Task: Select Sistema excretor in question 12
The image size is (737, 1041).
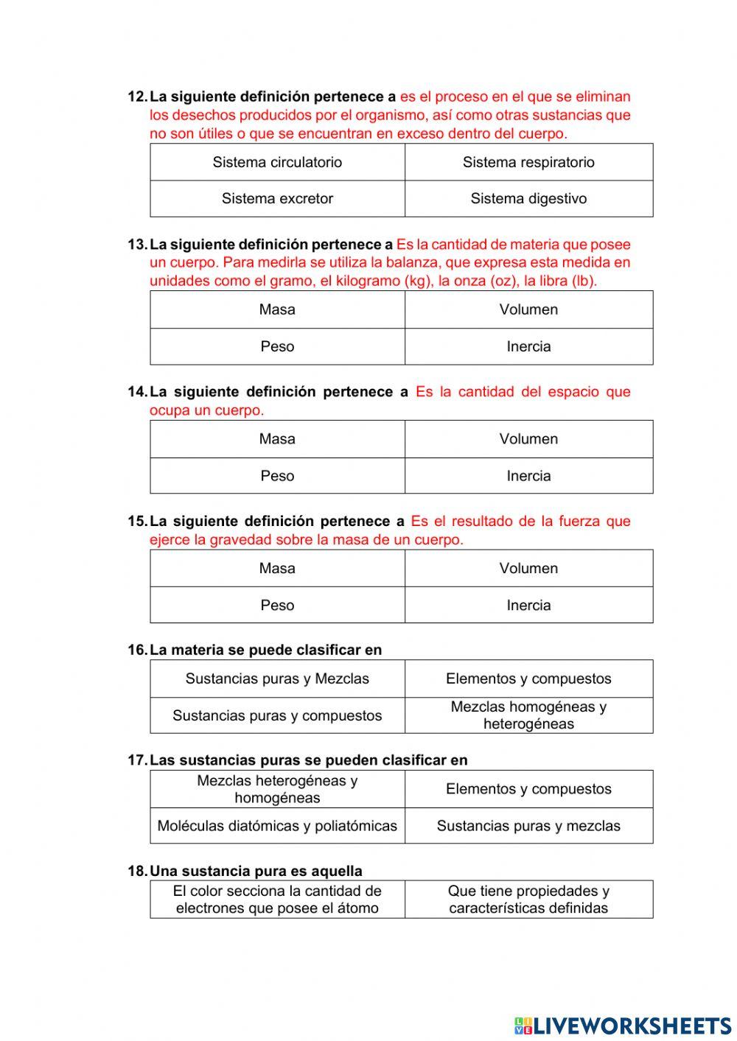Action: point(277,199)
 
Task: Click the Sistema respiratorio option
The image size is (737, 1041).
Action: point(528,162)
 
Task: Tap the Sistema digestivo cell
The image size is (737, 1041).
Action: point(528,199)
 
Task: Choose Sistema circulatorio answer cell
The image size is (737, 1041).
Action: point(277,162)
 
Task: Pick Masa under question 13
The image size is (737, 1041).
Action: point(277,309)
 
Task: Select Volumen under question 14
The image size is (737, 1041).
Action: point(528,439)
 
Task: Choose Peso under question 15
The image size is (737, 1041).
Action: point(277,606)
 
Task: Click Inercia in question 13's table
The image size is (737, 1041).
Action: point(528,346)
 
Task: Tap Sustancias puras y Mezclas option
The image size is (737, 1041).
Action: point(277,679)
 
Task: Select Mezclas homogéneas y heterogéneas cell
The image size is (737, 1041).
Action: point(528,715)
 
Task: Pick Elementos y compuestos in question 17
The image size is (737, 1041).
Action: point(528,789)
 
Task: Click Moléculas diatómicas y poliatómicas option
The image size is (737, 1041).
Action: point(277,826)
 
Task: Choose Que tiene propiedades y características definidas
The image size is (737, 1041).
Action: point(528,900)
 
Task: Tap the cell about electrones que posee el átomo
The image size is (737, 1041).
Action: point(277,900)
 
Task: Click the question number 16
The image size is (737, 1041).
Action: point(137,650)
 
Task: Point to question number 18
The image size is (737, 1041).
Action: point(137,871)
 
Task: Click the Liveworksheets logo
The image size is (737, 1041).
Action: point(623,1026)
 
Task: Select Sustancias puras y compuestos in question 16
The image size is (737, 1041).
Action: point(277,715)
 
